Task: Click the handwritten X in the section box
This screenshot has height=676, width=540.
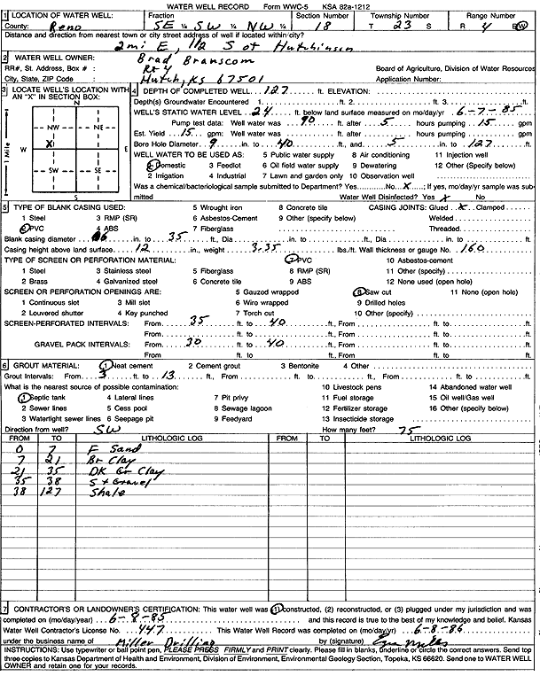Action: [x=51, y=143]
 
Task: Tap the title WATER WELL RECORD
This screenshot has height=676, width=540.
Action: [x=219, y=5]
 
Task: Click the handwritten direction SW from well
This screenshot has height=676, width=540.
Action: [x=106, y=428]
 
